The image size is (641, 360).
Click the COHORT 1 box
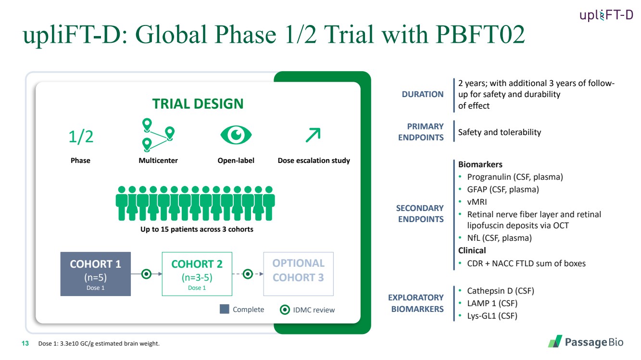coord(96,274)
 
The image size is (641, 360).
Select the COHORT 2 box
coord(197,274)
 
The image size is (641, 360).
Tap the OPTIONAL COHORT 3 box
coord(299,274)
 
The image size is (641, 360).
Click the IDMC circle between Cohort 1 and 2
coord(147,274)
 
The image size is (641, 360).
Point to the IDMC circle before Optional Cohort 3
coord(248,274)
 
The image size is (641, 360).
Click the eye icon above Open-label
coord(236,135)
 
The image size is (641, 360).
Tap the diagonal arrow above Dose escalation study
coord(313,135)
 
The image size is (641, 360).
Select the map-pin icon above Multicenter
coord(158,135)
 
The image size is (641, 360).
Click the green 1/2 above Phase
coord(81,137)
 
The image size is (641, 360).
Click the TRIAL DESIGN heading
coord(198,103)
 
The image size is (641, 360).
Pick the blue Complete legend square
coord(225,309)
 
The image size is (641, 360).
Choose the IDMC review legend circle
coord(285,310)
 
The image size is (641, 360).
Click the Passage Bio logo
coord(586,342)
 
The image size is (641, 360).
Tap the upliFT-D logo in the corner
coord(606,15)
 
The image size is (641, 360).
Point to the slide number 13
coord(25,343)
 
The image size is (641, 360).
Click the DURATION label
coord(423,94)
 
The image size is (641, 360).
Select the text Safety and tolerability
coord(500,132)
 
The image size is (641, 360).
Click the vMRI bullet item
coord(477,202)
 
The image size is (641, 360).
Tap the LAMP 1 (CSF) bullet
coord(492,303)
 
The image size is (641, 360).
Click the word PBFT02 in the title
coord(480,34)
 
